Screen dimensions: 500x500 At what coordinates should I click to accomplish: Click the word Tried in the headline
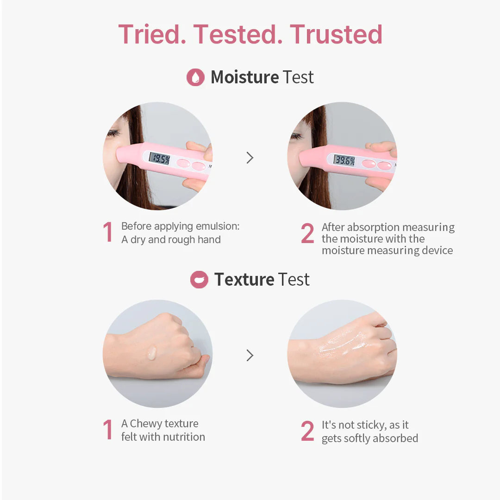[149, 34]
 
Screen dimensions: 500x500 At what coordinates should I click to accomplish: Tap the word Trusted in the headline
[336, 34]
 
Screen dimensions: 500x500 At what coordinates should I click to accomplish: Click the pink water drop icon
[195, 77]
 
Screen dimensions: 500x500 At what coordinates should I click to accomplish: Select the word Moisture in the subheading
[245, 77]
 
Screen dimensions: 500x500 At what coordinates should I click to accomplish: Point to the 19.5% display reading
[160, 158]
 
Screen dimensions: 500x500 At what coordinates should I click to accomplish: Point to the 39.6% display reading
[344, 160]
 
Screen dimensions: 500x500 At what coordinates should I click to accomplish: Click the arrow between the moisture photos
[250, 157]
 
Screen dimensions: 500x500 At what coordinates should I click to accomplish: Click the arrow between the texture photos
[250, 355]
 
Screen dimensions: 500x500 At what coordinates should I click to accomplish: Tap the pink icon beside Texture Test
[199, 280]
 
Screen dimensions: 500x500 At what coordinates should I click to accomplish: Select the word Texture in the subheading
[244, 280]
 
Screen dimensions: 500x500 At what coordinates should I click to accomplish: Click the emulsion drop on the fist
[152, 353]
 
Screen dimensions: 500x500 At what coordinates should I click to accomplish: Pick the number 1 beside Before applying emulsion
[108, 232]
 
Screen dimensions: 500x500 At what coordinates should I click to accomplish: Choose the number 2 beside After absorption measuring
[307, 233]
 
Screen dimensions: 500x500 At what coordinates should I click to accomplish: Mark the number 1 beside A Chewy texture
[108, 430]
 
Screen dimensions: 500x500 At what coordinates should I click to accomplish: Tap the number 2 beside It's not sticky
[307, 431]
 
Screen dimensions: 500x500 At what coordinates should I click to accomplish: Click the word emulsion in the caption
[218, 226]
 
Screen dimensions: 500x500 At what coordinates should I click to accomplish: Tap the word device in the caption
[437, 250]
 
